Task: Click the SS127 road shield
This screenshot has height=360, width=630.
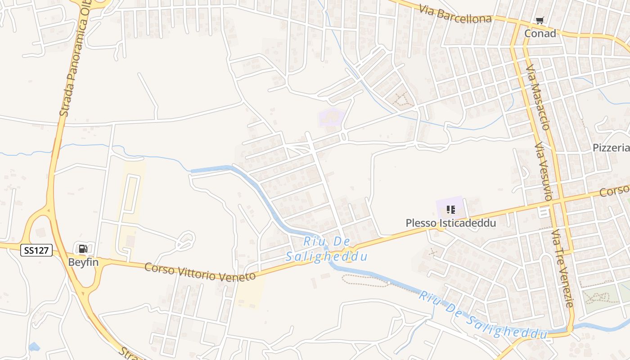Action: pos(36,250)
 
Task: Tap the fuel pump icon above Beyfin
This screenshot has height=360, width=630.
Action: pos(83,249)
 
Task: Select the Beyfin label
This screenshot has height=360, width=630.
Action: pos(83,262)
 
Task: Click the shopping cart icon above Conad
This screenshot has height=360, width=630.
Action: pos(540,20)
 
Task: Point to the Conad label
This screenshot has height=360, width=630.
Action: pos(540,33)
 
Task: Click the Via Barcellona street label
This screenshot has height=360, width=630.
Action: pos(455,14)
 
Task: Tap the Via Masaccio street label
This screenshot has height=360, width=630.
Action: pos(538,97)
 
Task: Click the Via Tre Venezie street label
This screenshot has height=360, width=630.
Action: pos(563,268)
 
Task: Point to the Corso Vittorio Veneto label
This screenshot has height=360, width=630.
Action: pos(200,272)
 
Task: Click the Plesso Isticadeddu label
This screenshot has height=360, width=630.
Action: pos(450,223)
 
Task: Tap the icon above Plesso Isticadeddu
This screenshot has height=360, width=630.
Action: pos(450,209)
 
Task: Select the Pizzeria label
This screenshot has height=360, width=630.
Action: pos(611,148)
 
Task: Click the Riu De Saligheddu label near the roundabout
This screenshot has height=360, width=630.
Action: pos(327,249)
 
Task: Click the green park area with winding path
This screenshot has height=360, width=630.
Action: pos(601,297)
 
